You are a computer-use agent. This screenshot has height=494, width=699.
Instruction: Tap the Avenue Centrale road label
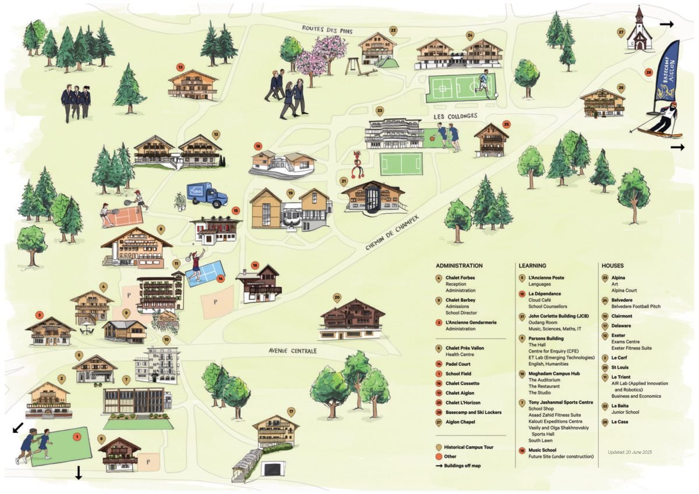point(292,351)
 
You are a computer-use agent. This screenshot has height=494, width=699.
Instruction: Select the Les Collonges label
point(455,116)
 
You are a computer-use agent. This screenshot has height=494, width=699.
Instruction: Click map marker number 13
point(181,67)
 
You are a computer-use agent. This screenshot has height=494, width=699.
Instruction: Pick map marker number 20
point(337,297)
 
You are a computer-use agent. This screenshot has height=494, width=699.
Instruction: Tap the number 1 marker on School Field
point(76,435)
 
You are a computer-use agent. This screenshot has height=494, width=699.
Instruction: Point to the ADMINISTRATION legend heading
point(459,266)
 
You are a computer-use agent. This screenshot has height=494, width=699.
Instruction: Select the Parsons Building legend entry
point(546,338)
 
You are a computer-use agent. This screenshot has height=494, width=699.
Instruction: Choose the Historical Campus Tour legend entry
point(468,447)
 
